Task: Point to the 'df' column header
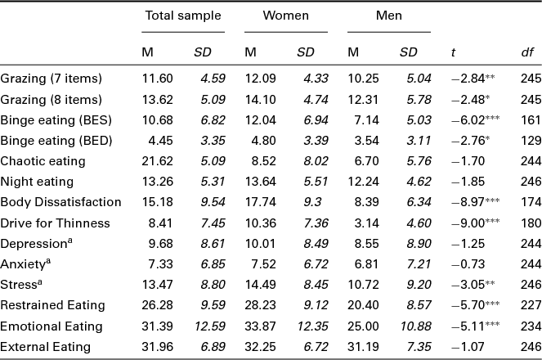527,52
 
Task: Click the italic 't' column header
454,52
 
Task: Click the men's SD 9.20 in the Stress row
411,284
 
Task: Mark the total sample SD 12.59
208,325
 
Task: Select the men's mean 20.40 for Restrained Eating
363,304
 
